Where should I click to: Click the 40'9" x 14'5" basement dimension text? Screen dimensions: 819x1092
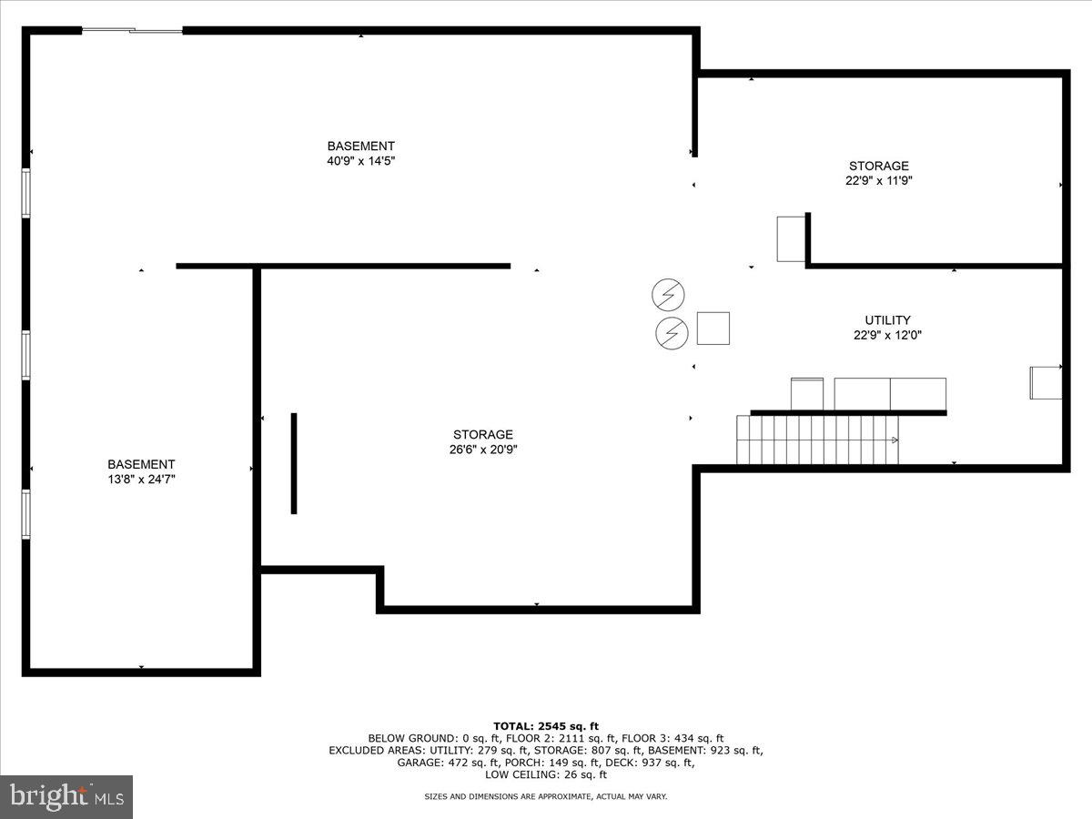pyautogui.click(x=361, y=161)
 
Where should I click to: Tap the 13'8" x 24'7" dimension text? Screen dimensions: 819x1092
pyautogui.click(x=141, y=479)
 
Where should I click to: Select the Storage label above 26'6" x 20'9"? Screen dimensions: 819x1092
pyautogui.click(x=483, y=434)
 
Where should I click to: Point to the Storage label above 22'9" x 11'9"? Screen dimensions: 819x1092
pyautogui.click(x=878, y=166)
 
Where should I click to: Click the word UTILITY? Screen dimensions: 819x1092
pyautogui.click(x=887, y=320)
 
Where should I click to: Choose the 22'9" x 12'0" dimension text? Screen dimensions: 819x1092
pyautogui.click(x=887, y=335)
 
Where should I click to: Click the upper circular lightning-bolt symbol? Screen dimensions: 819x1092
pyautogui.click(x=668, y=295)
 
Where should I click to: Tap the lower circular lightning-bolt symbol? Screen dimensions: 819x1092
pyautogui.click(x=672, y=334)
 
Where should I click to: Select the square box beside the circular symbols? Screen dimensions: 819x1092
pyautogui.click(x=713, y=329)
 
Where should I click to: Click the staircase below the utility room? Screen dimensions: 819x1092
pyautogui.click(x=816, y=440)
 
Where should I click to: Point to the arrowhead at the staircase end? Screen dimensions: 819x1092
pyautogui.click(x=895, y=440)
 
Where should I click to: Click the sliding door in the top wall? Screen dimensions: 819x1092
pyautogui.click(x=133, y=31)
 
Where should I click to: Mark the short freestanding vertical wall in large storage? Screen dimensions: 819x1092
pyautogui.click(x=294, y=463)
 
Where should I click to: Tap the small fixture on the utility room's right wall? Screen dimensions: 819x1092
pyautogui.click(x=1045, y=381)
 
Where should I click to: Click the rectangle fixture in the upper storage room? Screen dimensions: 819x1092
pyautogui.click(x=791, y=239)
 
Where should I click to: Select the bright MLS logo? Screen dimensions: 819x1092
pyautogui.click(x=66, y=797)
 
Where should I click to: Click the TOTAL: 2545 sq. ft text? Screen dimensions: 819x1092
pyautogui.click(x=546, y=725)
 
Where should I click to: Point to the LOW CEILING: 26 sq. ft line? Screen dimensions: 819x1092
pyautogui.click(x=546, y=775)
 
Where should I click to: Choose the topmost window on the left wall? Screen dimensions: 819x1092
pyautogui.click(x=26, y=193)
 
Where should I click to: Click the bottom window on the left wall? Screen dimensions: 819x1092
pyautogui.click(x=26, y=514)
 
